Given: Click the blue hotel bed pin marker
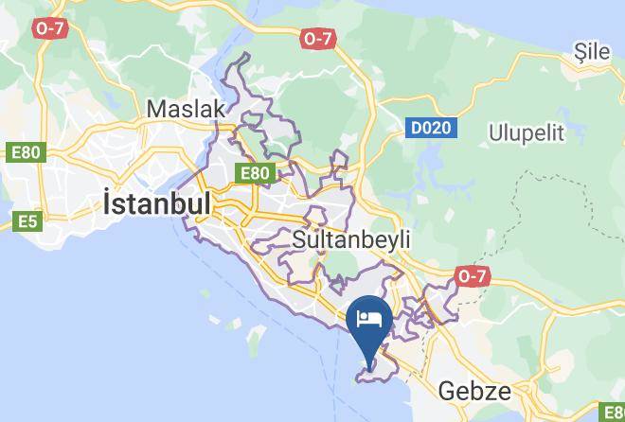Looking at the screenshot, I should point(368,320).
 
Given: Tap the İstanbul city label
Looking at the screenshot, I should point(156,204).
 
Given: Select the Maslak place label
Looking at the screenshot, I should point(187,110).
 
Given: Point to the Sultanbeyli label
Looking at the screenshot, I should point(351,239).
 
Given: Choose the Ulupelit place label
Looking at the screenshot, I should point(527,132).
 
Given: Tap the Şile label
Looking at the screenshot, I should point(593,53).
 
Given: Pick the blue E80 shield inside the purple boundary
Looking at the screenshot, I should point(255,173).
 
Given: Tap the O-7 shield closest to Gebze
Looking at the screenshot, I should point(471,276).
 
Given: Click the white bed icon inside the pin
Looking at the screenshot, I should point(368,315).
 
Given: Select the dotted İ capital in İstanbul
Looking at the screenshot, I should point(107,203).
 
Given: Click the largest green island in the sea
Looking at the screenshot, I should point(255,336).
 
